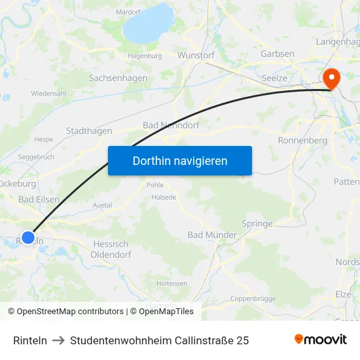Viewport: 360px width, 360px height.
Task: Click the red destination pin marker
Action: (332, 79)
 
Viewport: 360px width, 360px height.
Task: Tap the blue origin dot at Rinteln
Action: (28, 238)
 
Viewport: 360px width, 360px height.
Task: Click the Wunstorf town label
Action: (196, 56)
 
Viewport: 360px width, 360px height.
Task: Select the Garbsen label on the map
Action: (278, 54)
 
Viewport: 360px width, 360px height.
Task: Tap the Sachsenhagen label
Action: (118, 78)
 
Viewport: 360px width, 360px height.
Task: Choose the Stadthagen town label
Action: (89, 131)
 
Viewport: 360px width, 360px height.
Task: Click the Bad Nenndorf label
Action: (171, 125)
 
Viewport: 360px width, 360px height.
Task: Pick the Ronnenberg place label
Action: (302, 140)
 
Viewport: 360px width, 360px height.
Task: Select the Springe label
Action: (257, 223)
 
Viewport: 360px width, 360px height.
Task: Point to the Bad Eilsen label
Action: (39, 200)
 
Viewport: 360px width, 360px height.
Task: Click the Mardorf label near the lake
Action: (128, 12)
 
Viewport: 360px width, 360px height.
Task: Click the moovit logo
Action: (321, 339)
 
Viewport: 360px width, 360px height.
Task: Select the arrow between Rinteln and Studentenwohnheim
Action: (58, 340)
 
